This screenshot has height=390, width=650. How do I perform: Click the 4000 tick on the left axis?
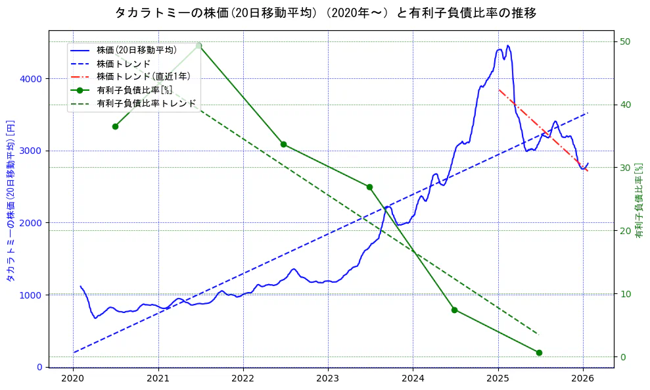click(x=31, y=79)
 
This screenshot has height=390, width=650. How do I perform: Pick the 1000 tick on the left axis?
click(x=31, y=295)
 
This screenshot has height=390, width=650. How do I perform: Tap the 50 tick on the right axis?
click(x=626, y=41)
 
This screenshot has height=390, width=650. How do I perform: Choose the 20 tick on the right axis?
click(x=626, y=231)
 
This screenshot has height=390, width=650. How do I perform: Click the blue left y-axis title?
click(x=11, y=201)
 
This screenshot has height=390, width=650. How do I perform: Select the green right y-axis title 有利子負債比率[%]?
click(x=639, y=201)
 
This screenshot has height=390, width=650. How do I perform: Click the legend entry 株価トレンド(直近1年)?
click(x=143, y=76)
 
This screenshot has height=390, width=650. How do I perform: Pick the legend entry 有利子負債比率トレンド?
click(x=146, y=103)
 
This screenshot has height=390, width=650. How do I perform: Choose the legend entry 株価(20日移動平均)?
click(x=136, y=50)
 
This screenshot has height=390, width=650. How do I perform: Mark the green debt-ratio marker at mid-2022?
click(x=283, y=144)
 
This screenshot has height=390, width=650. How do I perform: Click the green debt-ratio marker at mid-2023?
click(x=369, y=187)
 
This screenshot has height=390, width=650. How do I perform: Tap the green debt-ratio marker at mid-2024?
click(x=454, y=310)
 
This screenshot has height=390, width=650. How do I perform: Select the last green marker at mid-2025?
click(x=539, y=353)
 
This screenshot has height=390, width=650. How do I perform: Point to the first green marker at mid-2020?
click(x=115, y=126)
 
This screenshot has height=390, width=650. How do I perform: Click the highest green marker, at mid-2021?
click(x=198, y=45)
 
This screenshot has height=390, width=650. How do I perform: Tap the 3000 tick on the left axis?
click(x=31, y=151)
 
